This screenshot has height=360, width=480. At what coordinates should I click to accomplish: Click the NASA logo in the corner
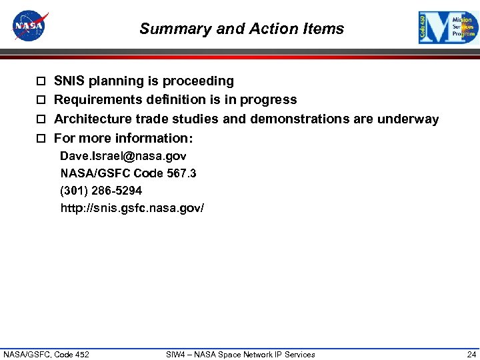coord(30,26)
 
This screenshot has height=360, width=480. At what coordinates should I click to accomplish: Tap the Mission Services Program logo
coord(448,28)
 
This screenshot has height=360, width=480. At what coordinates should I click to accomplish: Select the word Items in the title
coord(325,29)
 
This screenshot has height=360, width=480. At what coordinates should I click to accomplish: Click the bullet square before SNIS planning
coord(41,81)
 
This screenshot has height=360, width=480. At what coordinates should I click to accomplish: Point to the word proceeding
coord(201,81)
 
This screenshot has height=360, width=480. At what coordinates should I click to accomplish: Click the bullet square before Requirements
coord(41,100)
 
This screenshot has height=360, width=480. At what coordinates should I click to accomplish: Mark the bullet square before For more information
coord(41,139)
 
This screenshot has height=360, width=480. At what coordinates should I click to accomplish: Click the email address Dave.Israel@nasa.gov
coord(123,156)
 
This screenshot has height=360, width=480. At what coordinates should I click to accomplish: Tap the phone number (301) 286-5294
coord(101,191)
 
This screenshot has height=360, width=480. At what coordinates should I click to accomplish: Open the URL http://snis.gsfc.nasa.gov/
coord(132,208)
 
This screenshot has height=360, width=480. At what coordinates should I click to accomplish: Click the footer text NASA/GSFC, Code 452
coord(47,354)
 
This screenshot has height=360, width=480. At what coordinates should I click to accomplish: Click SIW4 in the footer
coord(175,354)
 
